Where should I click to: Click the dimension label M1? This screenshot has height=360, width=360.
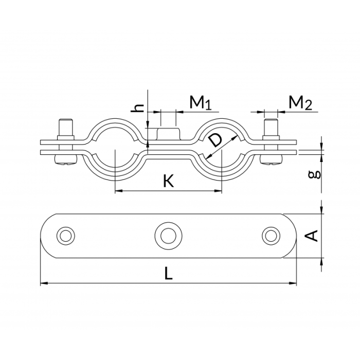(x=201, y=102)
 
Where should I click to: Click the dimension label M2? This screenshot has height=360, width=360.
(x=300, y=102)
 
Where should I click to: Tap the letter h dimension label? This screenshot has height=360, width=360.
(x=137, y=108)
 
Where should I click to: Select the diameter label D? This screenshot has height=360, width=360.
(x=216, y=140)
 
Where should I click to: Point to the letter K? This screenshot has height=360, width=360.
(x=168, y=181)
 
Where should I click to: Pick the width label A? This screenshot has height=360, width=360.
(x=313, y=236)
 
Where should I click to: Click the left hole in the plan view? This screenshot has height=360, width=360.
(x=66, y=236)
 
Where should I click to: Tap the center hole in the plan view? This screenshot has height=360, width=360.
(x=168, y=236)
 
